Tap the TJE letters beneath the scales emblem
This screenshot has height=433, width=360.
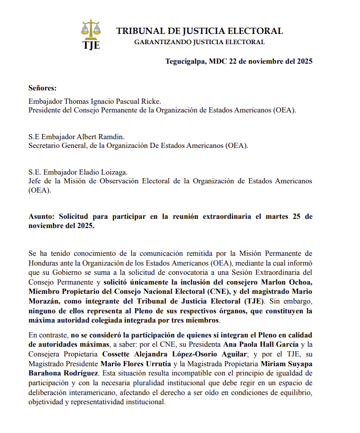pos(91,45)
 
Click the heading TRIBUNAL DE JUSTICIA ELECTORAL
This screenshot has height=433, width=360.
pos(199,31)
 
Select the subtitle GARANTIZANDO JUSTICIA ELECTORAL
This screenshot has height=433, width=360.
pos(199,42)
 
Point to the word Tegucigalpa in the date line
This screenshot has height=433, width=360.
pos(184,62)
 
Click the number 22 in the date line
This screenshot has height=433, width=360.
pos(234,62)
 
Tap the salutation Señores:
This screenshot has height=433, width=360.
pos(43,88)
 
